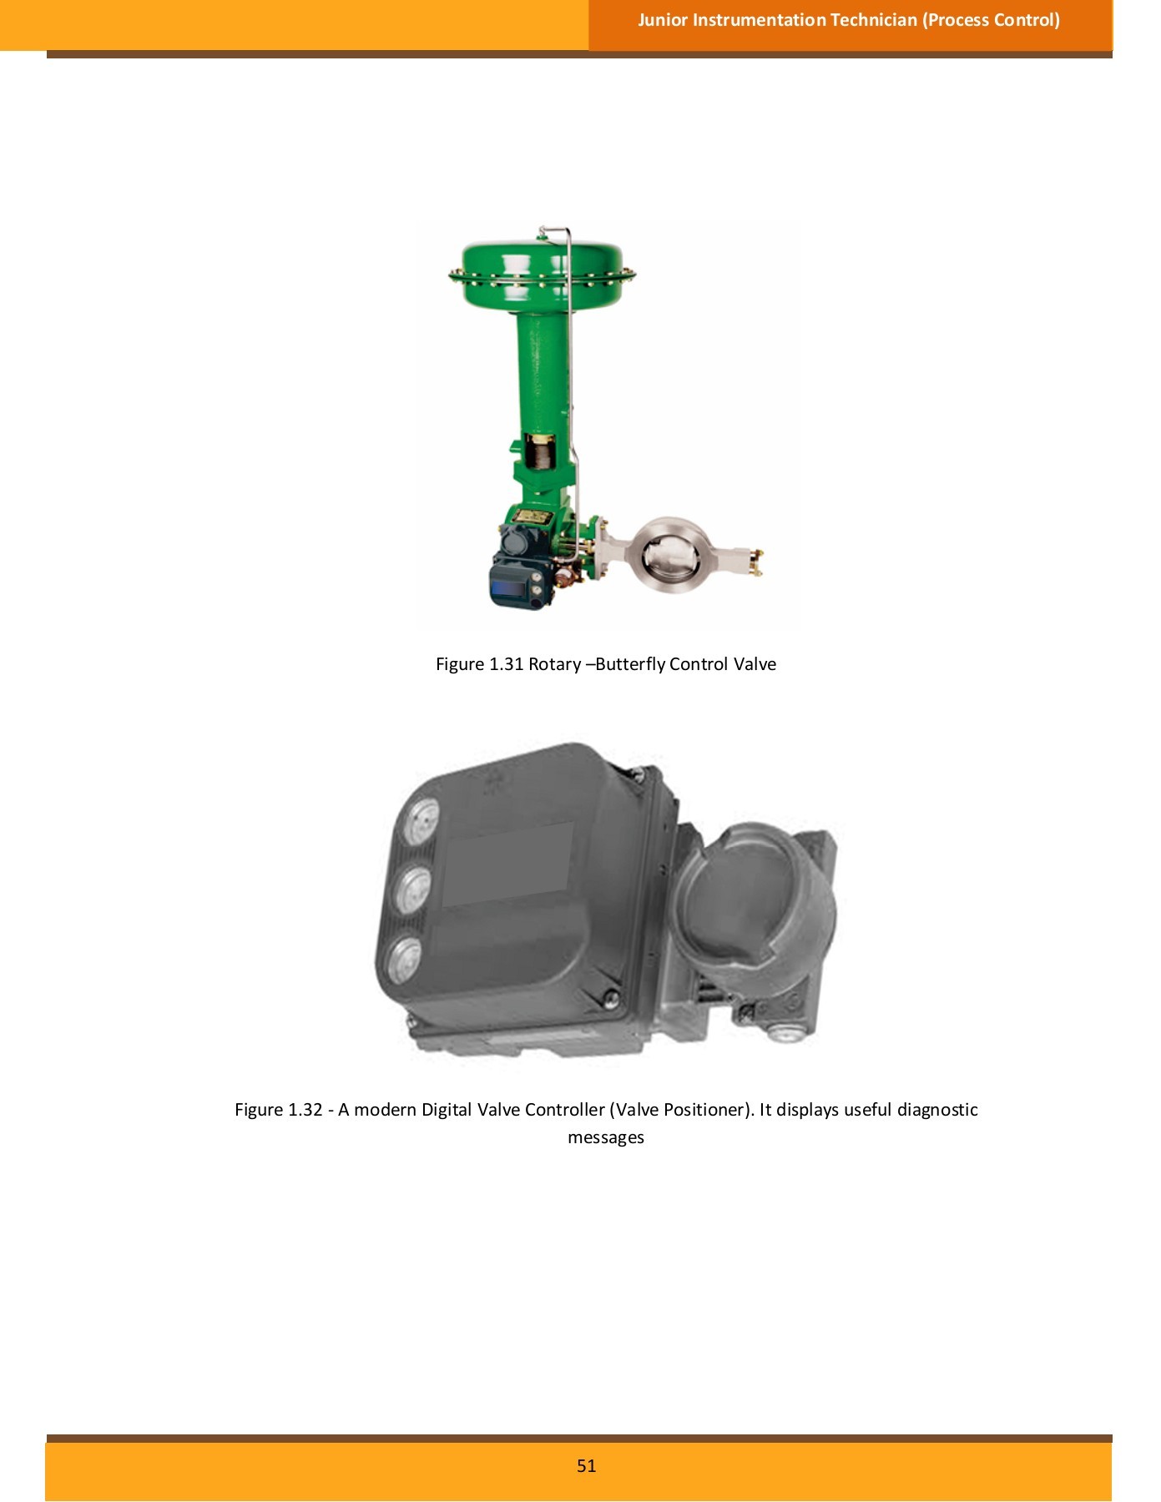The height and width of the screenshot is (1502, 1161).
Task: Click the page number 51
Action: click(x=586, y=1466)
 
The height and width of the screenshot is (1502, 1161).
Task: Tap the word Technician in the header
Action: click(x=873, y=20)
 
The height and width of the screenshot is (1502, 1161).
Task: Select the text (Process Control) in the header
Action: click(x=991, y=20)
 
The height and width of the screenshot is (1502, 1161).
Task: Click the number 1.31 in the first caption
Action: click(x=506, y=664)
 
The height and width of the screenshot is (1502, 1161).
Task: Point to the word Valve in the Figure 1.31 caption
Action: click(x=755, y=664)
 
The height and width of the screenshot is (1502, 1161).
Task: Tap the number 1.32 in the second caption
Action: click(x=305, y=1110)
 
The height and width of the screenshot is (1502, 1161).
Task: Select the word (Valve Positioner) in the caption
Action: click(x=682, y=1110)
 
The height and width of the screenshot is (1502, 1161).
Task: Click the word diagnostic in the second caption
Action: click(x=937, y=1110)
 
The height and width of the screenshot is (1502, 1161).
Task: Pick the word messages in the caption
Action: click(x=606, y=1138)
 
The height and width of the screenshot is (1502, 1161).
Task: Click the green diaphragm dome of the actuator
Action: click(x=543, y=274)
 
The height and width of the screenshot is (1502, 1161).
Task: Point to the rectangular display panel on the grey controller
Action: click(x=507, y=865)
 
